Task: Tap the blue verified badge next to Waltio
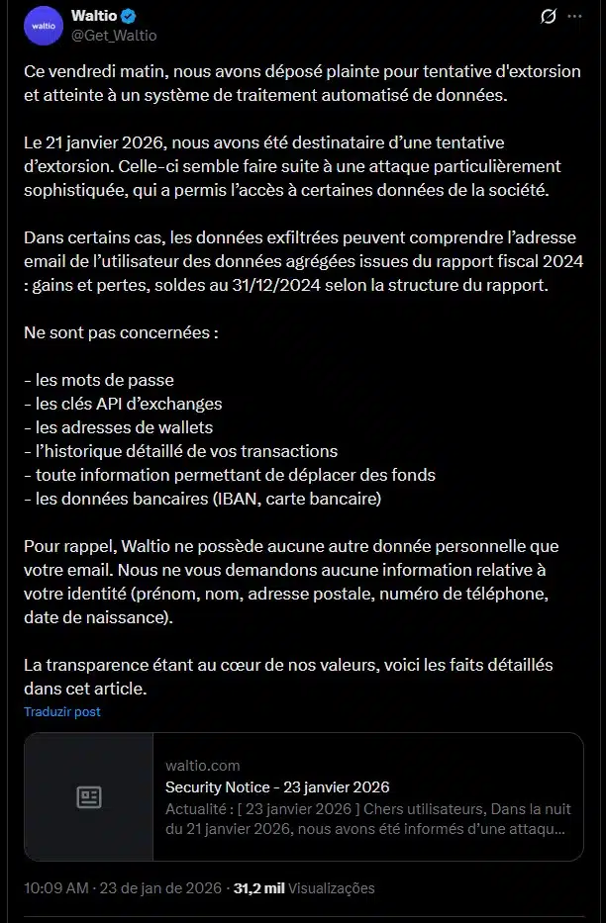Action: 129,17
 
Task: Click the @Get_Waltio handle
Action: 114,36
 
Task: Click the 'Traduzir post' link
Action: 62,711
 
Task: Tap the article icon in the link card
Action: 89,797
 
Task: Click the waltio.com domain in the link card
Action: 202,766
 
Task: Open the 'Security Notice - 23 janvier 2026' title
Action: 277,787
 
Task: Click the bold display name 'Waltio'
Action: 93,17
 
